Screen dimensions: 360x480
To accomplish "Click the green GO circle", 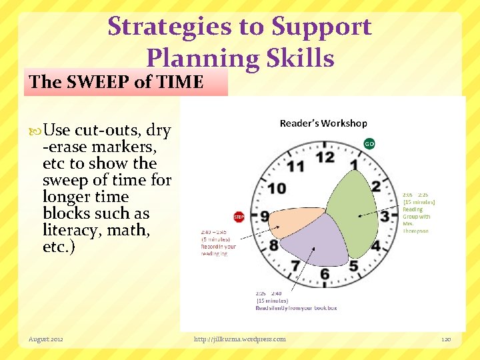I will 369,143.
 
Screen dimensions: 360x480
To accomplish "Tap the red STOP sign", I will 239,217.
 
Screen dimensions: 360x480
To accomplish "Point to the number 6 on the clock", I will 325,273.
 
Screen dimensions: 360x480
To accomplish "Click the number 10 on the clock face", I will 277,189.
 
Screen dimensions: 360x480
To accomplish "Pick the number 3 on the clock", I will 384,216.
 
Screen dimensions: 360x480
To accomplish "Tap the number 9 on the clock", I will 265,216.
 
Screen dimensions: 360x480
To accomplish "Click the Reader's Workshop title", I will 323,123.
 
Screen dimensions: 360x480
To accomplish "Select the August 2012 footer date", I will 46,339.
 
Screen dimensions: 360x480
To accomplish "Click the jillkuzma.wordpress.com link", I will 239,339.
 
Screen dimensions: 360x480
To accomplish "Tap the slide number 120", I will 446,339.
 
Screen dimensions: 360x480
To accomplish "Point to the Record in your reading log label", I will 219,243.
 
